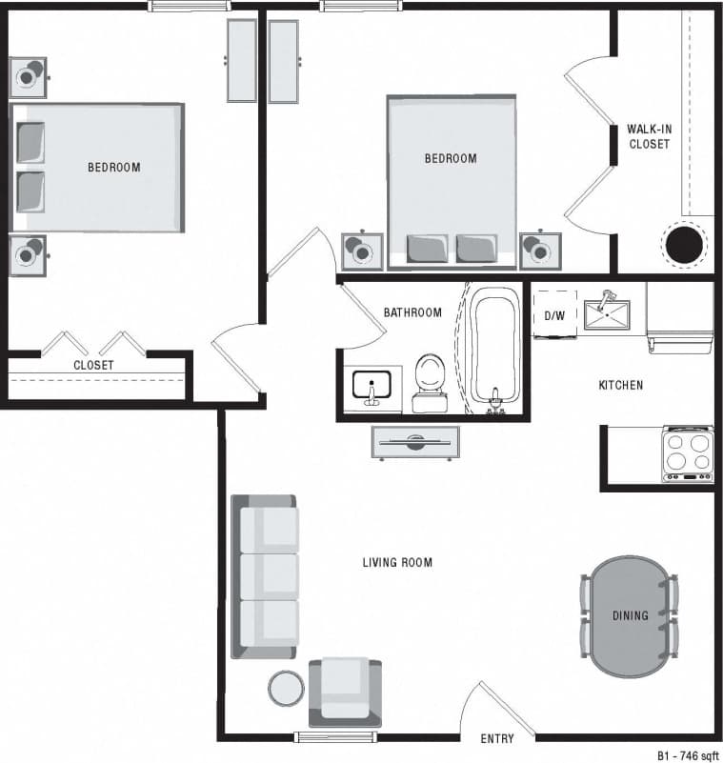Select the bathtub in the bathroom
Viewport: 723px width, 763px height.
494,350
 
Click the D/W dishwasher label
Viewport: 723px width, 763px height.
554,314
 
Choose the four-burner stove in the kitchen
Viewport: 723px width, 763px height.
687,453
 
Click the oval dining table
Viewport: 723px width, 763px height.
629,616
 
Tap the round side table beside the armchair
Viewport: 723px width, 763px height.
284,687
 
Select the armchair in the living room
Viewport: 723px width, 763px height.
344,691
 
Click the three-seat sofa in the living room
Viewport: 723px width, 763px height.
265,576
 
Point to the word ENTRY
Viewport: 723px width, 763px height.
497,738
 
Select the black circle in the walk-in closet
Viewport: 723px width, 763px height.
684,244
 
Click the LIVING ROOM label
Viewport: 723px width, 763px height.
397,562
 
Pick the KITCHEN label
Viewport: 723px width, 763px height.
620,385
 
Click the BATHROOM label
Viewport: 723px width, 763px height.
412,312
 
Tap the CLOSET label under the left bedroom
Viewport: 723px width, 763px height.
93,365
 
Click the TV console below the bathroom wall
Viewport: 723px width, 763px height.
415,442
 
